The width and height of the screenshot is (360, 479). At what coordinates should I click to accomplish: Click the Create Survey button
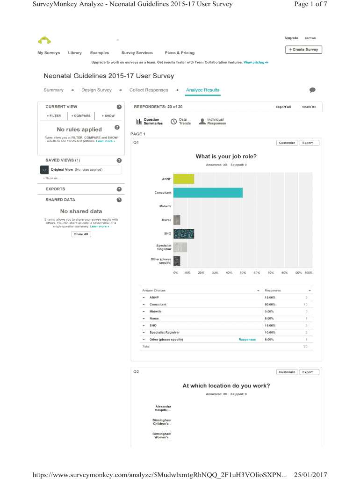click(303, 50)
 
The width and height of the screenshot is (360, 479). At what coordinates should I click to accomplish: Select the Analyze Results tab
click(202, 90)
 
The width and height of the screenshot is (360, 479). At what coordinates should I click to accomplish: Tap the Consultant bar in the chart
click(208, 192)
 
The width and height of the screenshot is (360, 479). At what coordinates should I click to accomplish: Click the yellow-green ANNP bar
click(183, 179)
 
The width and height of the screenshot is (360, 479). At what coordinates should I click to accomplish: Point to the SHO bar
click(183, 233)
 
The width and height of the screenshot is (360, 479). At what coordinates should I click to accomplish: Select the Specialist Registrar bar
click(180, 247)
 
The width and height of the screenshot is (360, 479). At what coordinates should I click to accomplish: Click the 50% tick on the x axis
click(243, 273)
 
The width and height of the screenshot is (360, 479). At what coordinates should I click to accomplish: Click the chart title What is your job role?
click(226, 157)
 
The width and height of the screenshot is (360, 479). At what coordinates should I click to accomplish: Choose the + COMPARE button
click(81, 116)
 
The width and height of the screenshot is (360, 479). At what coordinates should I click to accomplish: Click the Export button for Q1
click(307, 143)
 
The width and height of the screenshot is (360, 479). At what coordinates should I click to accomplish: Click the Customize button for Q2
click(287, 372)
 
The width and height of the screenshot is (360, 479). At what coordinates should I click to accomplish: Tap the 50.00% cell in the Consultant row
click(270, 305)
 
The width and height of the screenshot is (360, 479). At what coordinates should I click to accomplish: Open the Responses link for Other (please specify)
click(247, 340)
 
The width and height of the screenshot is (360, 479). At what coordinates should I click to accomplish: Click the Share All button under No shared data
click(81, 234)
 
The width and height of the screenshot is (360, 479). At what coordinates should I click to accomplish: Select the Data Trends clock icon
click(173, 122)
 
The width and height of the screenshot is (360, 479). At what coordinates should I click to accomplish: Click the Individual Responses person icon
click(202, 122)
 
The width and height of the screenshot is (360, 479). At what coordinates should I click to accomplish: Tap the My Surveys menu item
click(49, 53)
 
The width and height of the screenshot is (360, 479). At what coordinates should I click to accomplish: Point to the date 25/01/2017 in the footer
click(310, 475)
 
